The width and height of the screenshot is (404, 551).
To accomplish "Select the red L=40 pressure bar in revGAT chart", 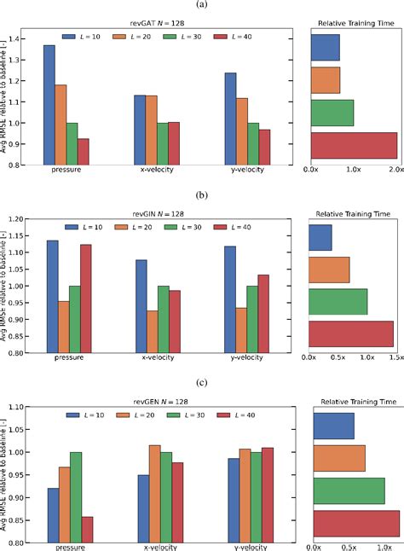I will tap(83, 151).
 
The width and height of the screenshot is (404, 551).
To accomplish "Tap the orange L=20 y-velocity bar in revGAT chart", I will tap(241, 130).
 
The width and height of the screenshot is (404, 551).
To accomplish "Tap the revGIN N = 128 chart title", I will tap(156, 212).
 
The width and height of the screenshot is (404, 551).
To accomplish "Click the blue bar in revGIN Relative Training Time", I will tap(320, 238).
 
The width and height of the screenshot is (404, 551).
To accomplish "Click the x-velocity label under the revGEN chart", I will tap(155, 548).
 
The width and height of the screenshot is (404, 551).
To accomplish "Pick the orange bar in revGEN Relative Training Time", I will tap(338, 457).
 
